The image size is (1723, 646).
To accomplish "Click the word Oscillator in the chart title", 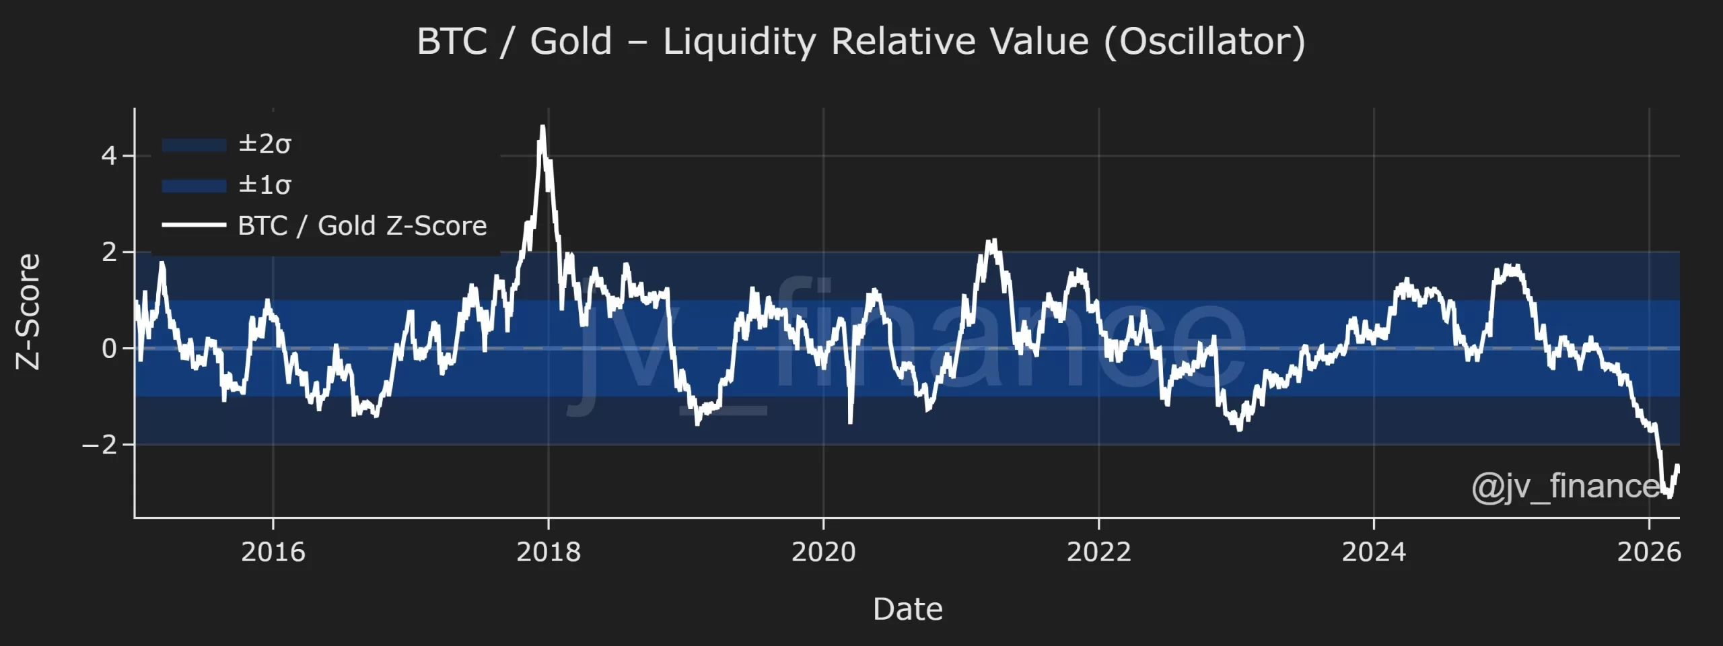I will pos(1204,42).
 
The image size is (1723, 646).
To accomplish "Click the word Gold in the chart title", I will pos(571,42).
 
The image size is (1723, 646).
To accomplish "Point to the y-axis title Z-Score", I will pos(28,311).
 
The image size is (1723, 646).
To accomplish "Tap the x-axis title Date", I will pos(907,609).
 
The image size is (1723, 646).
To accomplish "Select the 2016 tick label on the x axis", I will pos(273,552).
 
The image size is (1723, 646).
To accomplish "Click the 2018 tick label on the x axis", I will pos(548,552).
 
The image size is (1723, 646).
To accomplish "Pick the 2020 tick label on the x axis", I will pos(823,552).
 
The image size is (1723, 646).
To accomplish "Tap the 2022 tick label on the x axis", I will pos(1098,552).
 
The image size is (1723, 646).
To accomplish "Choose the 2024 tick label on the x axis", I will pos(1374,552).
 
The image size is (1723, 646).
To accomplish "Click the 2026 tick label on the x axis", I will pos(1648,552).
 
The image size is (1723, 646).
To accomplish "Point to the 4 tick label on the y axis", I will pos(109,156).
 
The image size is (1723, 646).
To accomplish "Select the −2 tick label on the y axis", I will pos(99,445).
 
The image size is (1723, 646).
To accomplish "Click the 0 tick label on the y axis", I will pos(109,349).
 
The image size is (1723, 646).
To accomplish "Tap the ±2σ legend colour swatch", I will pos(194,145).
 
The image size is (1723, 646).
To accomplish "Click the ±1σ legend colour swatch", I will pos(194,185).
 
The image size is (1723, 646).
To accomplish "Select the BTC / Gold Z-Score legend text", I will pos(362,226).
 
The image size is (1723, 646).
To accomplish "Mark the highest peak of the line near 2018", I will pos(542,127).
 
